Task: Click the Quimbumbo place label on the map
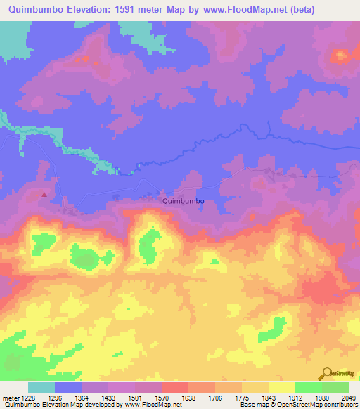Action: pyautogui.click(x=183, y=200)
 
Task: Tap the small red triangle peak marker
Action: pyautogui.click(x=46, y=194)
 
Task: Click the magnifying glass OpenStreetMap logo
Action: pyautogui.click(x=326, y=373)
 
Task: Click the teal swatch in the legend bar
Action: pyautogui.click(x=41, y=387)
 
